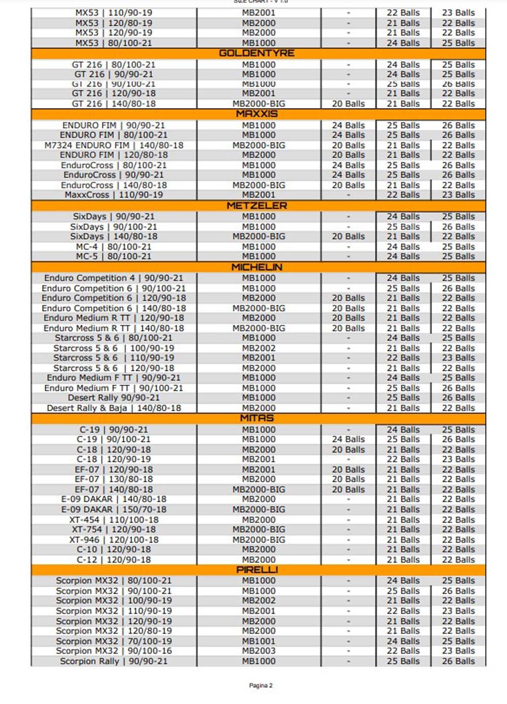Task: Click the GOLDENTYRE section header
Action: (257, 53)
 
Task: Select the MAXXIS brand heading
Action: (257, 114)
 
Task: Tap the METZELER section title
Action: (257, 205)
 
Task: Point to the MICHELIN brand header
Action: (257, 267)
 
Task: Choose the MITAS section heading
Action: (257, 418)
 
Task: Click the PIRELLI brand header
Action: (257, 570)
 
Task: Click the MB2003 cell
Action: (259, 651)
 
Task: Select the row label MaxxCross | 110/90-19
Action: (114, 195)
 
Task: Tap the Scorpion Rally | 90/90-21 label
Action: (114, 661)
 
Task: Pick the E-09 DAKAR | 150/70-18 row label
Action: (114, 509)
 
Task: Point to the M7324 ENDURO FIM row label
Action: (114, 145)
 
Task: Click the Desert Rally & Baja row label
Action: (114, 408)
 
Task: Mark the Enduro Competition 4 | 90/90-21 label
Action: (114, 278)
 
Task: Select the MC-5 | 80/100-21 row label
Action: (114, 256)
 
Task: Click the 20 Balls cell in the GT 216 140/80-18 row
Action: (348, 103)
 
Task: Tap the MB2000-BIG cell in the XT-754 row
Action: (259, 529)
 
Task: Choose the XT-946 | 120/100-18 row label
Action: (114, 540)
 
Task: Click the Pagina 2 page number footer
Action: (261, 685)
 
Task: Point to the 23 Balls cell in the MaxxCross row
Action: (458, 195)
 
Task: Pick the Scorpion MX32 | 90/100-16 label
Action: (114, 651)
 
